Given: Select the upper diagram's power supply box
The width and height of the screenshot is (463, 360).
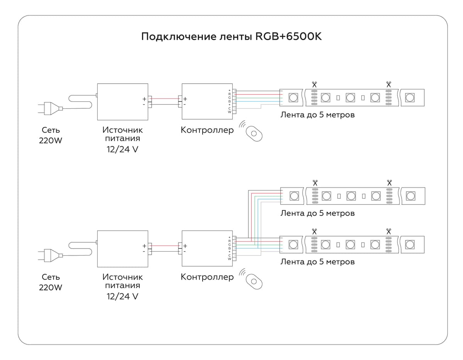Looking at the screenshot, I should (122, 101).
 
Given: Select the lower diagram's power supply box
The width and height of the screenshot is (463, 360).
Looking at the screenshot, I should (122, 248).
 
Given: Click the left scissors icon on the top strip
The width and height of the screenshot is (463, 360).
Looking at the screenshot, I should (314, 84).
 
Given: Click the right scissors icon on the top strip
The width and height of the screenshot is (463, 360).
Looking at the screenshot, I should (389, 84).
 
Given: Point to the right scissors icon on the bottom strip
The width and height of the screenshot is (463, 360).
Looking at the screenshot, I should (389, 231).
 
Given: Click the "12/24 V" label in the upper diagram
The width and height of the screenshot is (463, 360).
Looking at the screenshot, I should (122, 150).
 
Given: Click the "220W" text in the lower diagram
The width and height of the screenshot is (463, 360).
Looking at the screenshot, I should (51, 287).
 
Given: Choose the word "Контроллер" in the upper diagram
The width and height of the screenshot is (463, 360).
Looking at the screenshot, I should (207, 130).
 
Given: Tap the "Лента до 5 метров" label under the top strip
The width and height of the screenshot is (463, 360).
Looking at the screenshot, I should (317, 115).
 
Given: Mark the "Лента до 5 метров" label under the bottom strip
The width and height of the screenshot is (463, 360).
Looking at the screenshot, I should (317, 262).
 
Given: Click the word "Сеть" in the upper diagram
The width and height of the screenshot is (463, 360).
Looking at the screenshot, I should (51, 130).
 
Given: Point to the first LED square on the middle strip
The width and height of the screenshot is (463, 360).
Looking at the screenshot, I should (294, 196).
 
